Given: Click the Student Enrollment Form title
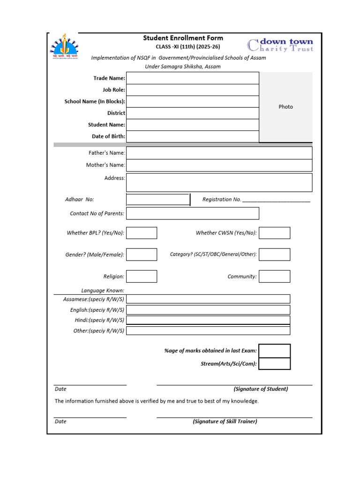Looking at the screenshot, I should point(183,38).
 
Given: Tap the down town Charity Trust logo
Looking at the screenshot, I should point(280,45).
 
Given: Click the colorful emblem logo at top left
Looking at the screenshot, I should point(64,45).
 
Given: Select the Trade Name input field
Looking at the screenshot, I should point(192,78).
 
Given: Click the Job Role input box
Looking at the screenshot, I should point(192,90).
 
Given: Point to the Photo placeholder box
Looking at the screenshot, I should point(285,107).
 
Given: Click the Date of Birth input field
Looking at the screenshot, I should point(192,136).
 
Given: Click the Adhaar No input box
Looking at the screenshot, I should point(158,200).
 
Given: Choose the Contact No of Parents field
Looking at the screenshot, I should point(192,213).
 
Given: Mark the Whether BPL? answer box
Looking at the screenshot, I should point(142,233).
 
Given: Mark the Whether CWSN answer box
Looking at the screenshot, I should point(275,233).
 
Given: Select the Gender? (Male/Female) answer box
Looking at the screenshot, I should point(142,255).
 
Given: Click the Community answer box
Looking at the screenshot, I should point(275,277).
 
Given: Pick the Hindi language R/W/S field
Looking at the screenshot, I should point(208,320).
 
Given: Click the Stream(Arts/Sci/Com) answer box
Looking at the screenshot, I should point(275,363).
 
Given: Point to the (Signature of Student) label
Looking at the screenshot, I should point(261,389).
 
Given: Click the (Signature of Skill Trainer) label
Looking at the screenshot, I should point(225,421).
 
